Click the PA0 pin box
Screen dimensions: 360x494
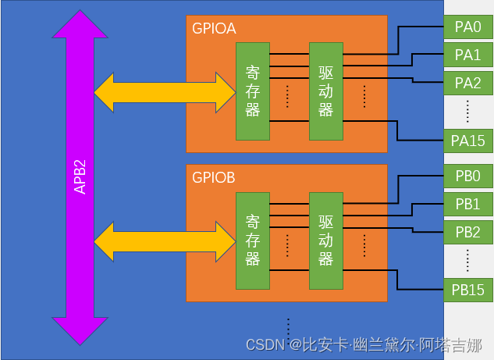[467, 27]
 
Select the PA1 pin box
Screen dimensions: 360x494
[467, 55]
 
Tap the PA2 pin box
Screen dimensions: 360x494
[467, 82]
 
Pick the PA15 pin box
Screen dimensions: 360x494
[467, 141]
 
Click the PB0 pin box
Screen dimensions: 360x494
[467, 176]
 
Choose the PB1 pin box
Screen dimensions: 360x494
[467, 204]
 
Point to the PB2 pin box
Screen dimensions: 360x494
[467, 232]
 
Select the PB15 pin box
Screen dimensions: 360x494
[467, 290]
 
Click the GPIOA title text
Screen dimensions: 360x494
[214, 29]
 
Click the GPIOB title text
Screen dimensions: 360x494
[214, 177]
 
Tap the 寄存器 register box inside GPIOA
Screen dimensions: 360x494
[252, 91]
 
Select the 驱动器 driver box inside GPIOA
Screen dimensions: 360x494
[325, 91]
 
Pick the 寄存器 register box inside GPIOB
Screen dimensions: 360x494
[252, 241]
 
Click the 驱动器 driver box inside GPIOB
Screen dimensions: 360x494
[325, 241]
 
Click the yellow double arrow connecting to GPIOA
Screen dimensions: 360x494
[165, 91]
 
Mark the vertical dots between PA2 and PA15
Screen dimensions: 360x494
[467, 111]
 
